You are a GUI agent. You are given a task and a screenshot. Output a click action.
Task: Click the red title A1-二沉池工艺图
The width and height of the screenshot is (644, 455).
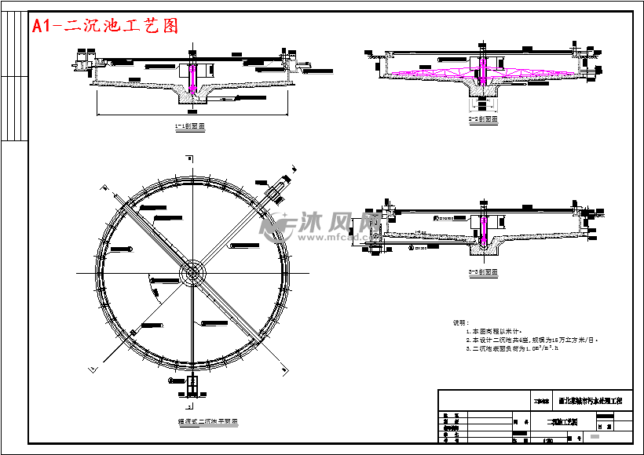pyautogui.click(x=105, y=26)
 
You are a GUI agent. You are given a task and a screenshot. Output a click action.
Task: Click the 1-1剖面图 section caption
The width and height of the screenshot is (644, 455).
pyautogui.click(x=190, y=126)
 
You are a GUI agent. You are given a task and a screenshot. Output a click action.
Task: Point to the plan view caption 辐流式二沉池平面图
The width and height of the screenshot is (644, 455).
pyautogui.click(x=207, y=421)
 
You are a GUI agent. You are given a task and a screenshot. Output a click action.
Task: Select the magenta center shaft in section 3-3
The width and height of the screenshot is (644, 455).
pyautogui.click(x=485, y=228)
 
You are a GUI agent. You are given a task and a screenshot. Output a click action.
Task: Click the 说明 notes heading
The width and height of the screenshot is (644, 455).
pyautogui.click(x=460, y=322)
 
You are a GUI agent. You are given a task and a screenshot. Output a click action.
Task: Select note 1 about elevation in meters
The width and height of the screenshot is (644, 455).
pyautogui.click(x=496, y=331)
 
